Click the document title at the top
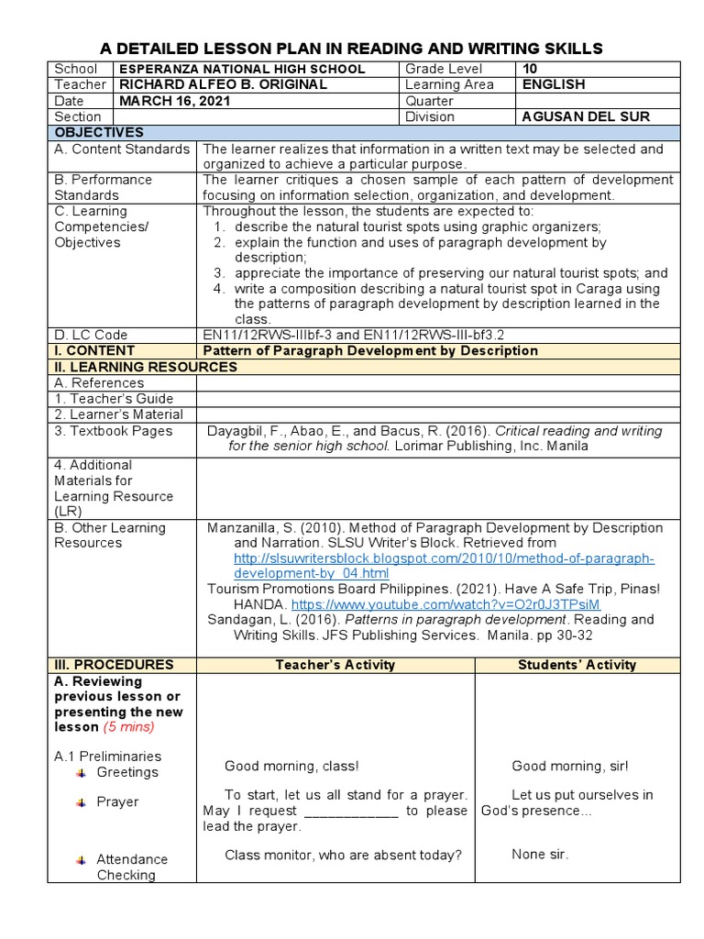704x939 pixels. click(x=351, y=48)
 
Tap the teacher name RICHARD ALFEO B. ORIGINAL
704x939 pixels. click(x=223, y=84)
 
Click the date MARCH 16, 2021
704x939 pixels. click(x=171, y=101)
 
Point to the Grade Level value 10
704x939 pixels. click(x=531, y=69)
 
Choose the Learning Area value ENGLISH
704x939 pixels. click(x=553, y=84)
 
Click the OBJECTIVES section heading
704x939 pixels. click(x=93, y=133)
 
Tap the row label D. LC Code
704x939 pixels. click(x=91, y=335)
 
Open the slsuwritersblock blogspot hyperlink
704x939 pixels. click(x=444, y=566)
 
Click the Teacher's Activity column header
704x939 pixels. click(x=335, y=665)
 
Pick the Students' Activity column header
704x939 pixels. click(x=577, y=665)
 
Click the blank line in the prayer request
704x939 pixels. click(x=349, y=811)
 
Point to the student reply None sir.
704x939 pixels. click(x=540, y=855)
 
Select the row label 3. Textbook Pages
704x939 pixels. click(x=114, y=430)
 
